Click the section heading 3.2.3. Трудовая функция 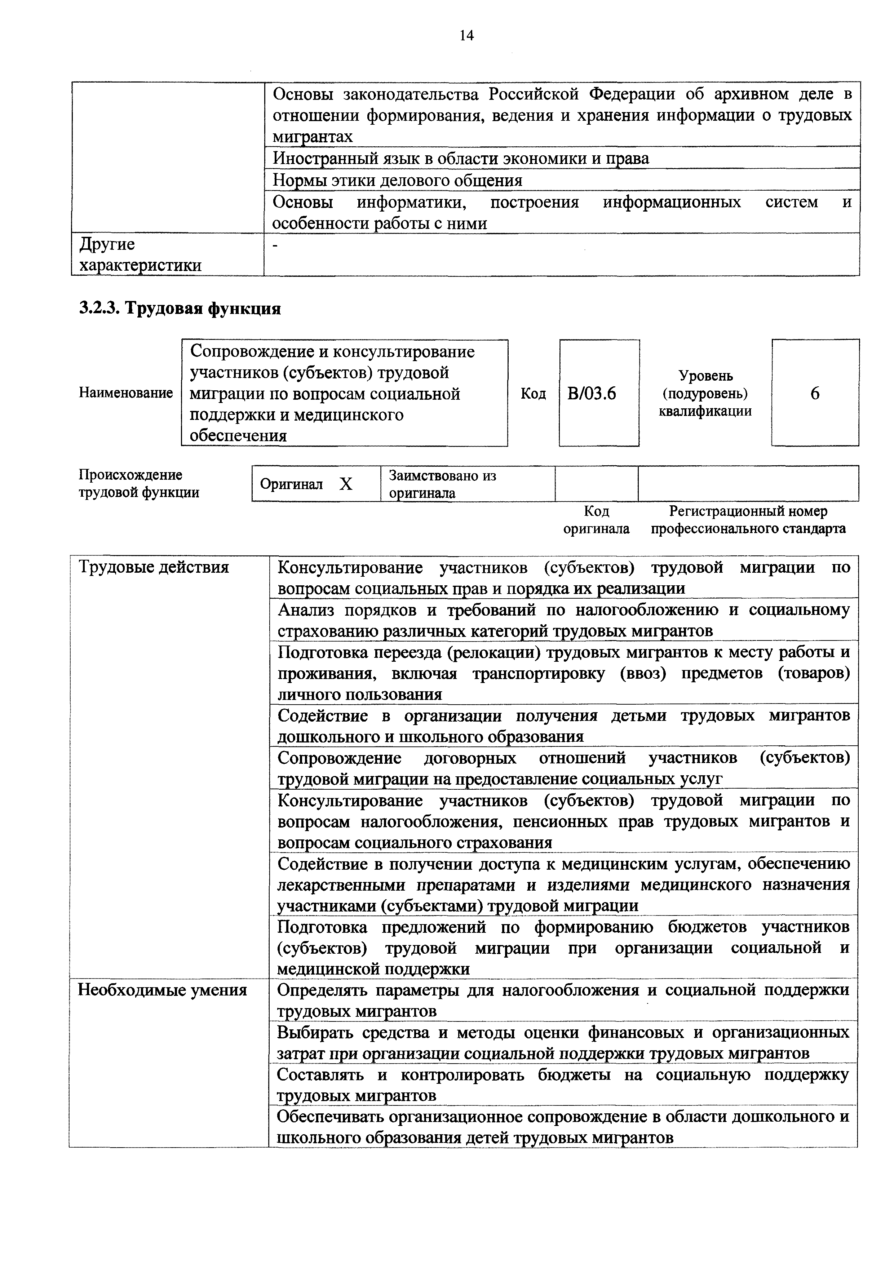coord(180,308)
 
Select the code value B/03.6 coord(592,393)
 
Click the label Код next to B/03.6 coord(533,393)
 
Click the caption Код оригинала coord(596,520)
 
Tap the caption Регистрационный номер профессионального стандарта coord(748,520)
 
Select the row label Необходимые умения coord(162,990)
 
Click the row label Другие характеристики coord(140,254)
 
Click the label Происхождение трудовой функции coord(139,483)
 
